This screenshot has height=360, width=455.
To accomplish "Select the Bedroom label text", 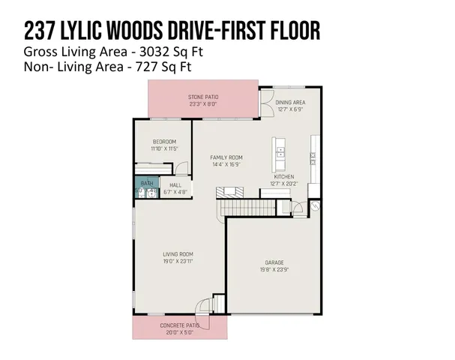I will coord(164,142).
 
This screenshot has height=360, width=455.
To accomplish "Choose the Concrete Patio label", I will coord(180,325).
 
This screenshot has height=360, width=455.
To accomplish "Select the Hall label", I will coord(175,184).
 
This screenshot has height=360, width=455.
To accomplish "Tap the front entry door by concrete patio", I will coord(203,306).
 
